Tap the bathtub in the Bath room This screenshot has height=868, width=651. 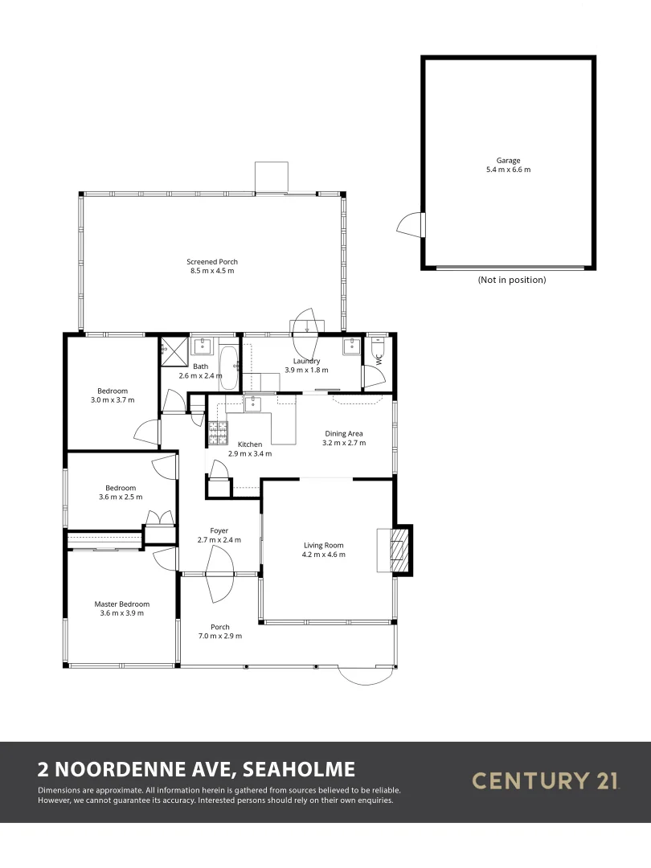[x=228, y=367]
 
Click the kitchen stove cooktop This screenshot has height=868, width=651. [x=218, y=433]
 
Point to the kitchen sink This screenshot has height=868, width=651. [x=252, y=403]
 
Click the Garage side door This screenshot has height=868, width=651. [x=411, y=223]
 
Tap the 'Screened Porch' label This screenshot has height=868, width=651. [x=212, y=262]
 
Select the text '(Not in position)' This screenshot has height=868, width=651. [x=511, y=280]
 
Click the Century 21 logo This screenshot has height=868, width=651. [x=546, y=780]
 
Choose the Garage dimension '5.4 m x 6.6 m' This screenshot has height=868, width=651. [x=508, y=170]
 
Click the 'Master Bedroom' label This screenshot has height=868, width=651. [x=122, y=604]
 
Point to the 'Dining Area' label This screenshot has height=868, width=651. [x=344, y=434]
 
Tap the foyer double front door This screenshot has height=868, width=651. [x=219, y=575]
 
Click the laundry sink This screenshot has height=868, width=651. [x=352, y=347]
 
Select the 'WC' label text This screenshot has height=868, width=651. [x=379, y=361]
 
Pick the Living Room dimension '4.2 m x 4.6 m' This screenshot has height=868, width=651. [x=323, y=555]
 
